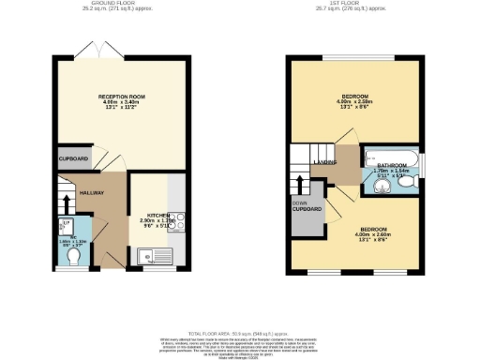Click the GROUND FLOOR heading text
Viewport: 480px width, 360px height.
[x=119, y=5]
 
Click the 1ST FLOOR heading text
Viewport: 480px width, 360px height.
[x=352, y=5]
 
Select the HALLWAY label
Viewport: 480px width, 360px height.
[x=91, y=193]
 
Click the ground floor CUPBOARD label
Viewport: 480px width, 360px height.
[x=73, y=159]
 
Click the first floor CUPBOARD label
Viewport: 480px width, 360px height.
[x=307, y=207]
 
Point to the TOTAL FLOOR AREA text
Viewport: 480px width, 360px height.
[x=240, y=333]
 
